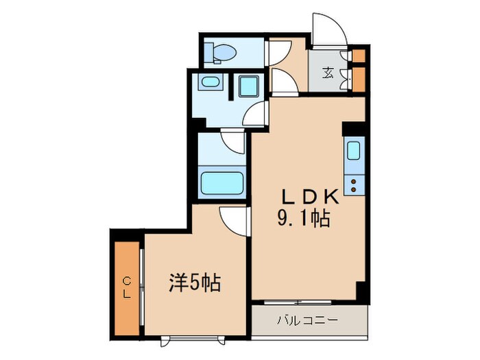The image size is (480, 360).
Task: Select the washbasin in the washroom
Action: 209,84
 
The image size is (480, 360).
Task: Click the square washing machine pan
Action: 248,87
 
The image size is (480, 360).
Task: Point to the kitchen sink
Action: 355,149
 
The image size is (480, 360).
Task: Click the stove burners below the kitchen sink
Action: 355,184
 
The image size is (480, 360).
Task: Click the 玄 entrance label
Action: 329,72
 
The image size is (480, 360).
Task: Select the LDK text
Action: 311,196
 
